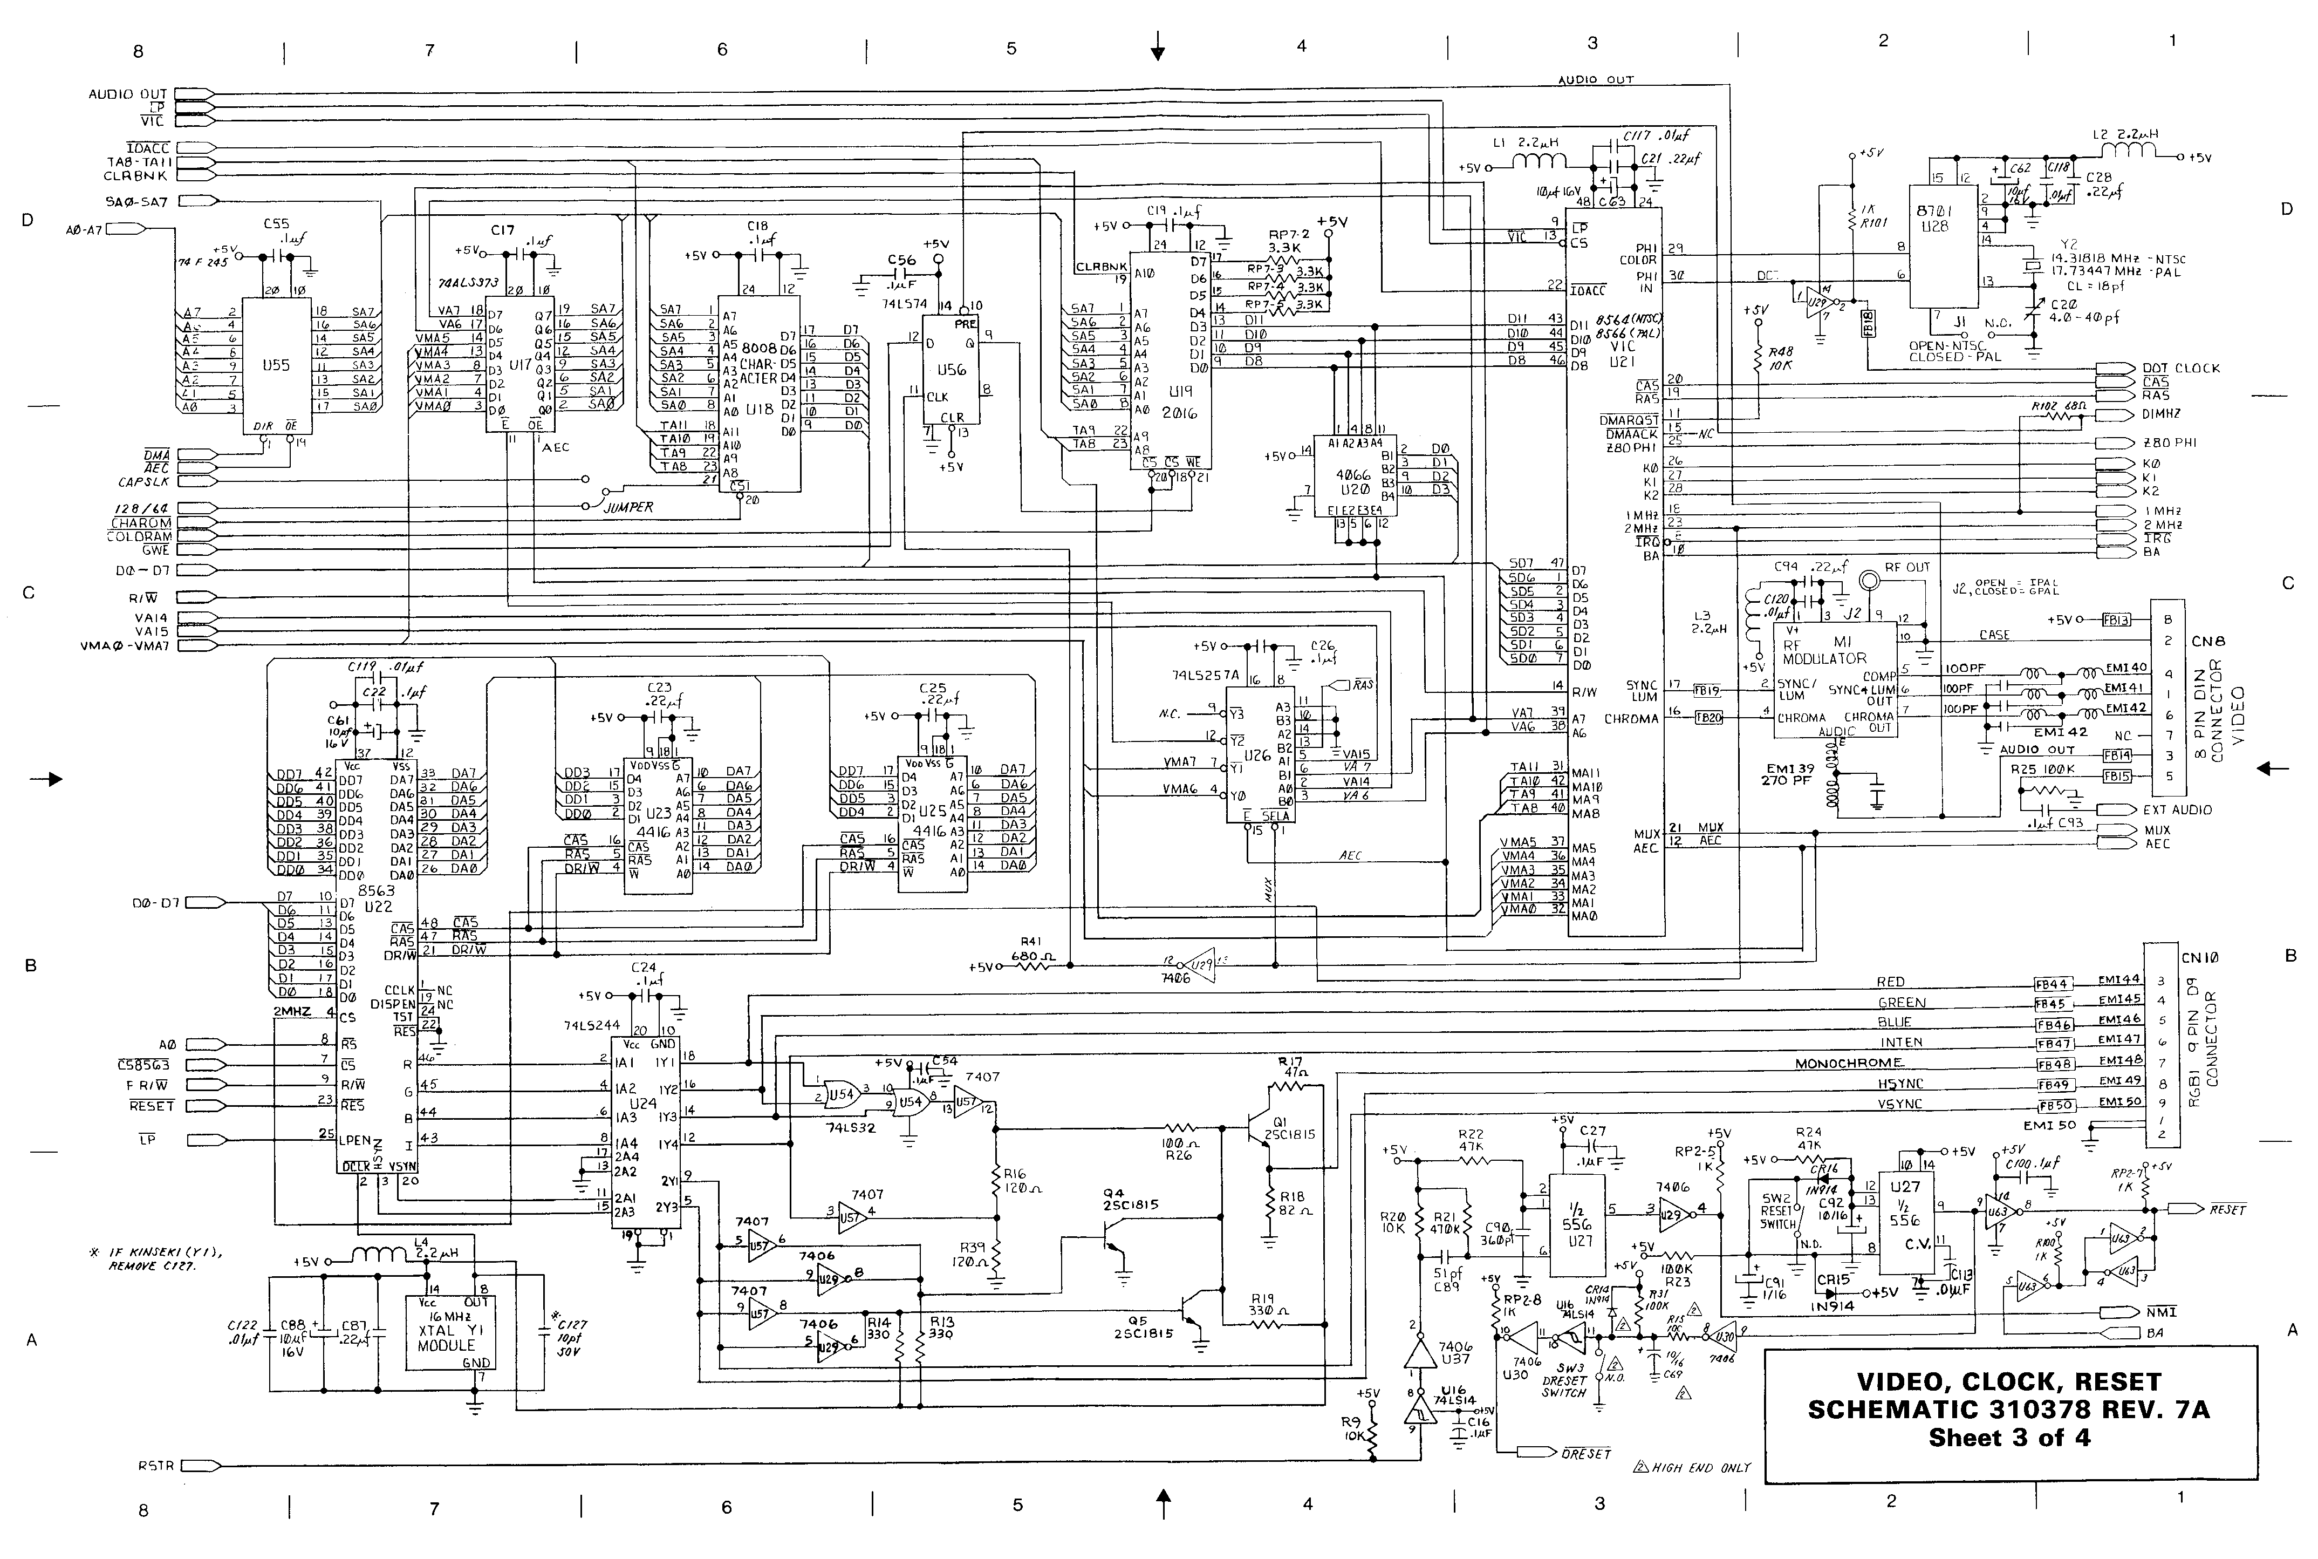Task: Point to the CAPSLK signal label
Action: [144, 482]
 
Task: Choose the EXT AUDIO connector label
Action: [2177, 809]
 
